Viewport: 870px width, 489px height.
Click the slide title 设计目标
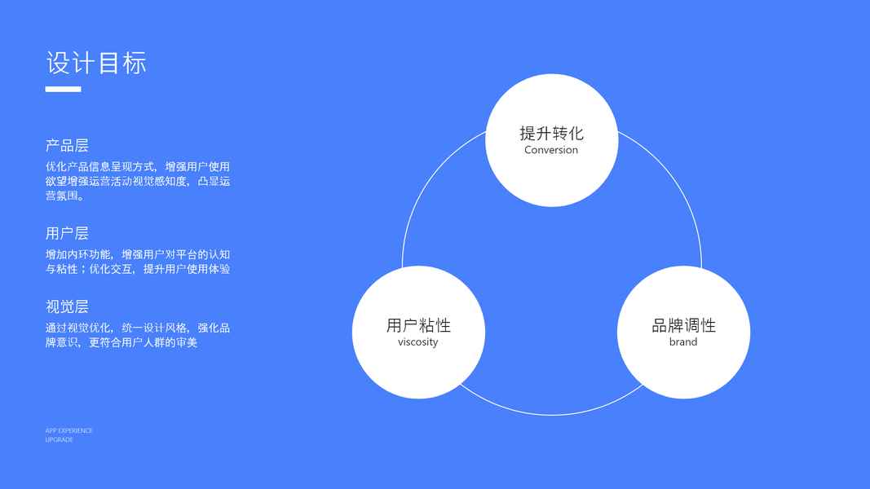pyautogui.click(x=96, y=63)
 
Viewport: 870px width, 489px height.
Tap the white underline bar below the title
pyautogui.click(x=63, y=89)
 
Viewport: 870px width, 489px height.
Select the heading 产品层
pyautogui.click(x=67, y=146)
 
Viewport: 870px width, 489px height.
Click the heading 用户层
pyautogui.click(x=67, y=234)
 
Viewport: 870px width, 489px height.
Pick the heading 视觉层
pyautogui.click(x=67, y=307)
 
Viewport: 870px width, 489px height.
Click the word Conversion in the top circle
pyautogui.click(x=551, y=150)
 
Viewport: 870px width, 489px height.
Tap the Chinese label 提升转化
pyautogui.click(x=551, y=133)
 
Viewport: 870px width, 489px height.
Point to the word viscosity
pyautogui.click(x=418, y=342)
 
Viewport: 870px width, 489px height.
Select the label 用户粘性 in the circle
pyautogui.click(x=418, y=325)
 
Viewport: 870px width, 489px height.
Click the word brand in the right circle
pyautogui.click(x=683, y=342)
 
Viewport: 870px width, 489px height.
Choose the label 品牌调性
pyautogui.click(x=683, y=325)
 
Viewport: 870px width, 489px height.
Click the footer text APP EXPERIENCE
pyautogui.click(x=69, y=430)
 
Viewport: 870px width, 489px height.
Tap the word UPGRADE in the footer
pyautogui.click(x=60, y=440)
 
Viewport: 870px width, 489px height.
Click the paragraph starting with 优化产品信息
pyautogui.click(x=138, y=181)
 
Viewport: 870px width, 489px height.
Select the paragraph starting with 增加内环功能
pyautogui.click(x=138, y=262)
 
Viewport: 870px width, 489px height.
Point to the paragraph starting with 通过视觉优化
pyautogui.click(x=138, y=335)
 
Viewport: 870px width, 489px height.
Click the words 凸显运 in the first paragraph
pyautogui.click(x=214, y=181)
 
